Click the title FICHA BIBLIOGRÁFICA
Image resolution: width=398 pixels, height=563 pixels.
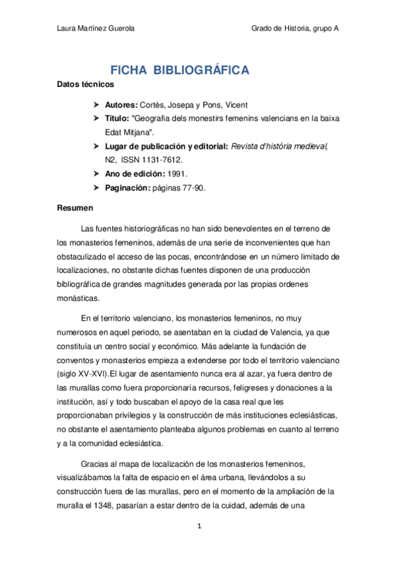click(x=179, y=70)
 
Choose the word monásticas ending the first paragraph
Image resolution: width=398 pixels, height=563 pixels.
click(x=78, y=298)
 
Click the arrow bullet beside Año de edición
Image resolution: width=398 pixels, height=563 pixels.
click(x=96, y=174)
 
